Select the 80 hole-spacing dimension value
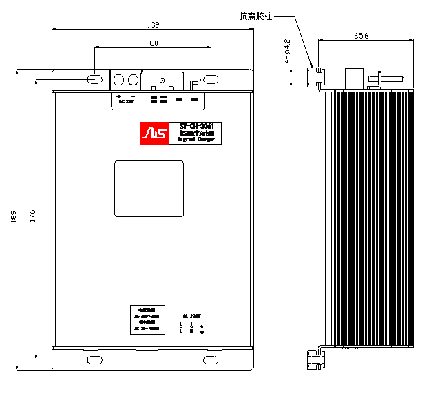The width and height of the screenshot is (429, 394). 153,43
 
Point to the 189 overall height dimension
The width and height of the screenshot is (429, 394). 13,219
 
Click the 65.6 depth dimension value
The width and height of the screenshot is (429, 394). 362,35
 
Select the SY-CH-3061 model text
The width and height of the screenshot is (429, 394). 196,126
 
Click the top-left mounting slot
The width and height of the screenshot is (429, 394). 95,79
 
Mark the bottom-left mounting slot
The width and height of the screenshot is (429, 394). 94,360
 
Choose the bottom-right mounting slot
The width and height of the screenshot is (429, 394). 210,360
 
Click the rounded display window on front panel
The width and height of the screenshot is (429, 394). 149,189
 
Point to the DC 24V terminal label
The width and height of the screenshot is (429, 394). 125,101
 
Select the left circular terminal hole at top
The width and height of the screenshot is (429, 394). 117,79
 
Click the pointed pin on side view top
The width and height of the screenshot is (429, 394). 389,79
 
